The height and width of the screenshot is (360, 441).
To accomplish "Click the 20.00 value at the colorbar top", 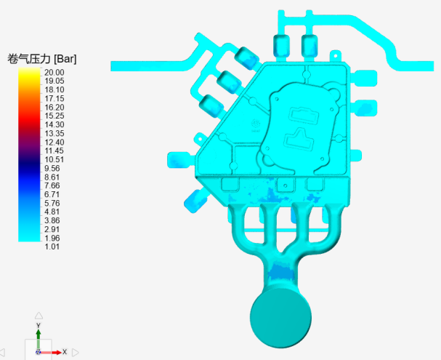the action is (x=54, y=72).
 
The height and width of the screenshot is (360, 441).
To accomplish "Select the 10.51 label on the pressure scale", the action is (x=54, y=159).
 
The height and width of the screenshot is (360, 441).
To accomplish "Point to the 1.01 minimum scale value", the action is (x=52, y=247).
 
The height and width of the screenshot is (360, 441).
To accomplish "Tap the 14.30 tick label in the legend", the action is (x=54, y=124).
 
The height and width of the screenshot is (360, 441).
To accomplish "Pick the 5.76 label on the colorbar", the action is (x=52, y=203).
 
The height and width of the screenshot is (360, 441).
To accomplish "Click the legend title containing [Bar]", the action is (x=42, y=59).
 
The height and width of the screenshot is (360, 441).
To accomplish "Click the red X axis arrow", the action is (x=52, y=352).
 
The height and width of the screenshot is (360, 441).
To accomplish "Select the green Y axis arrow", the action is (x=39, y=340).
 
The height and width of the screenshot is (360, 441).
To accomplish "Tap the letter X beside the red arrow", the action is (x=65, y=352).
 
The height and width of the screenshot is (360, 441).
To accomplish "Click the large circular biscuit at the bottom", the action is (x=280, y=319).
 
